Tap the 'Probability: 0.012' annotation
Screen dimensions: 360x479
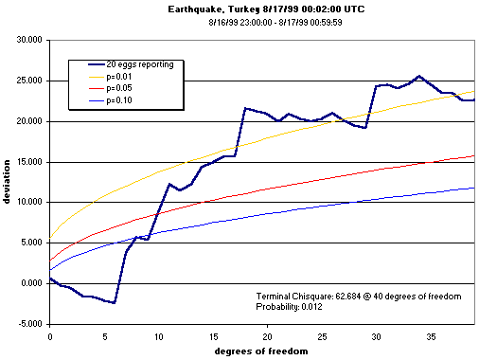297,308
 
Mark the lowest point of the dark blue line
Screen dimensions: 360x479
115,303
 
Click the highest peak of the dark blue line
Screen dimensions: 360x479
419,76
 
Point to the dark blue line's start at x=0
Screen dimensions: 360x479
50,279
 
